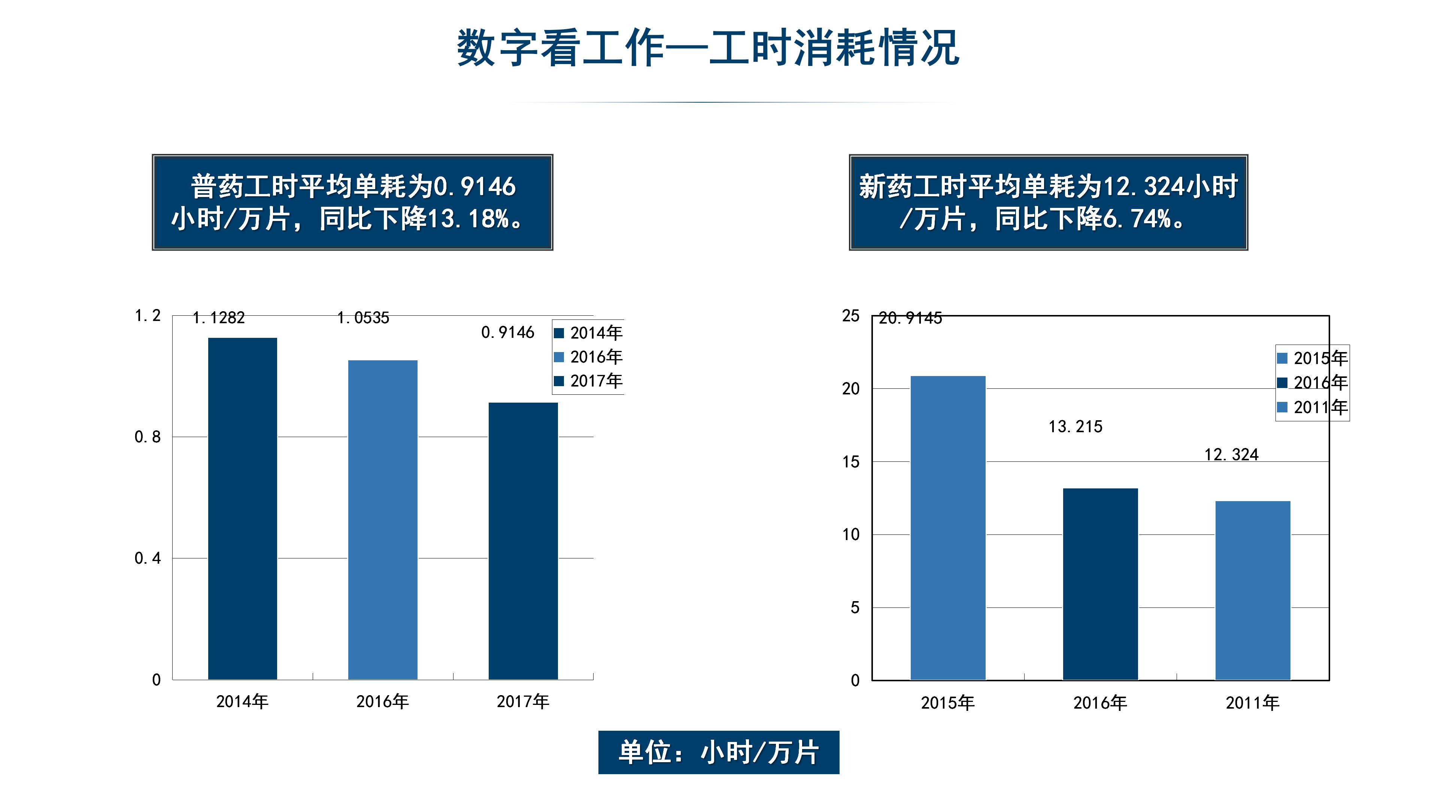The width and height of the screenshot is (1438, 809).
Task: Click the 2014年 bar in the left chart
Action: pyautogui.click(x=242, y=509)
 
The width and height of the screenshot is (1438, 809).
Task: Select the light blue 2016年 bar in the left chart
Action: pyautogui.click(x=383, y=520)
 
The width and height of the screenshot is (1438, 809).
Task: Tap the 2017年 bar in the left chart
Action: pyautogui.click(x=523, y=541)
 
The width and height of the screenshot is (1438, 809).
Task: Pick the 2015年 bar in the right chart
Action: pyautogui.click(x=948, y=528)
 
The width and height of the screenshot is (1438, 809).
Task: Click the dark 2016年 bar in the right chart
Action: pyautogui.click(x=1100, y=584)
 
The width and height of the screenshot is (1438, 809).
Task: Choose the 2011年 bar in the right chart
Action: pyautogui.click(x=1253, y=591)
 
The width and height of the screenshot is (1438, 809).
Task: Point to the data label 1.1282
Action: pyautogui.click(x=219, y=318)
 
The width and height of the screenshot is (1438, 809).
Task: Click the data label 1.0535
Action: pyautogui.click(x=363, y=318)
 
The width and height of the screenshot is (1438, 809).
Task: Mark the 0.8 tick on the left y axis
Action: pyautogui.click(x=148, y=437)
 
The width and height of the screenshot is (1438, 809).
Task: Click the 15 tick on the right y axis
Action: pyautogui.click(x=851, y=462)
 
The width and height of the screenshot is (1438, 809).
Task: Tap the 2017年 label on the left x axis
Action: pyautogui.click(x=523, y=701)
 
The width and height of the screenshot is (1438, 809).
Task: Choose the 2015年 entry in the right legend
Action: pyautogui.click(x=1313, y=358)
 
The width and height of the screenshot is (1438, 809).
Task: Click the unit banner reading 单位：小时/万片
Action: pyautogui.click(x=719, y=752)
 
